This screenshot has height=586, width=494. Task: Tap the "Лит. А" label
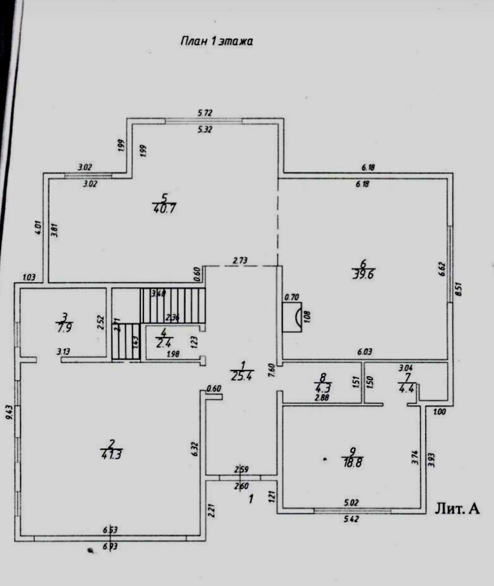pyautogui.click(x=458, y=509)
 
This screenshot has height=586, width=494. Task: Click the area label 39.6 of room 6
pyautogui.click(x=362, y=274)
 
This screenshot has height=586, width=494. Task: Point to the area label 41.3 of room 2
pyautogui.click(x=111, y=454)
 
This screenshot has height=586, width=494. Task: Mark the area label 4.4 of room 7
pyautogui.click(x=406, y=387)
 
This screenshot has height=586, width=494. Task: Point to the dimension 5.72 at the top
pyautogui.click(x=205, y=113)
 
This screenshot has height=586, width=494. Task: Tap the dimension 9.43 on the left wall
pyautogui.click(x=9, y=413)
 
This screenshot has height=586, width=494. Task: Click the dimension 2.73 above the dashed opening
pyautogui.click(x=241, y=261)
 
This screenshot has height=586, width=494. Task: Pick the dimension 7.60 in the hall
pyautogui.click(x=272, y=369)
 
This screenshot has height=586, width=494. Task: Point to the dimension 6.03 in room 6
pyautogui.click(x=364, y=352)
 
